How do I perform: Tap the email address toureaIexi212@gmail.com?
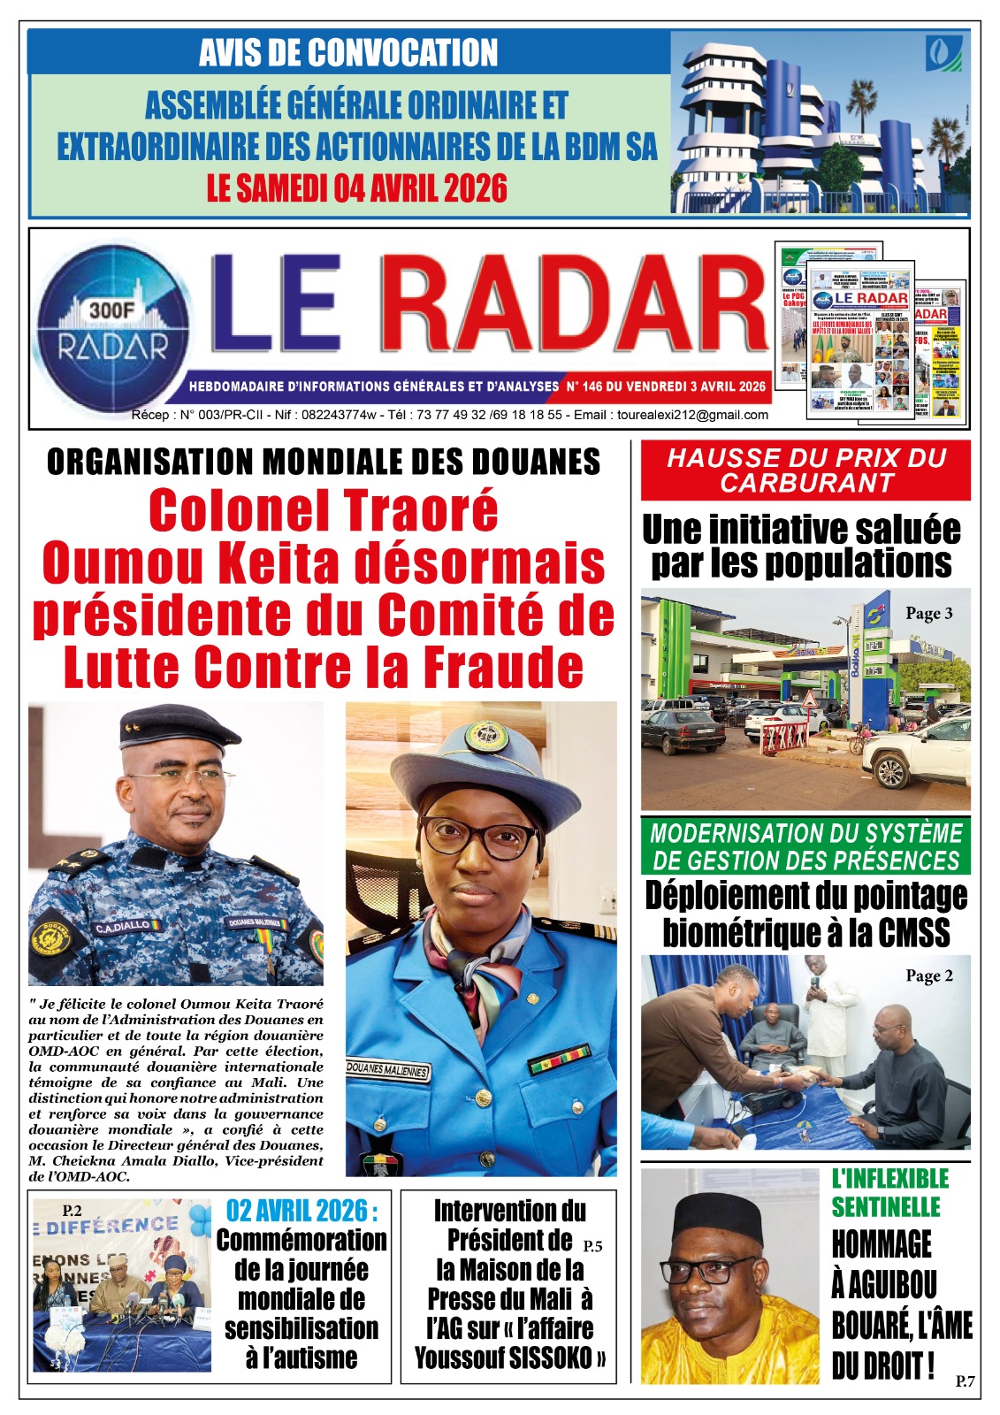pyautogui.click(x=692, y=415)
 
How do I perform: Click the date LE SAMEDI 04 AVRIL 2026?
pyautogui.click(x=357, y=188)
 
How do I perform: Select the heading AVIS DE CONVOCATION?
pyautogui.click(x=348, y=53)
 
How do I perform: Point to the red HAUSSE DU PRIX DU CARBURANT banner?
pyautogui.click(x=805, y=470)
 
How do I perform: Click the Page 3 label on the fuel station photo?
pyautogui.click(x=928, y=614)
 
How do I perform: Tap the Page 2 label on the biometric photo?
pyautogui.click(x=928, y=976)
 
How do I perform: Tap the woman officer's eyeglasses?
pyautogui.click(x=479, y=838)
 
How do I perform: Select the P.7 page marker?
pyautogui.click(x=965, y=1381)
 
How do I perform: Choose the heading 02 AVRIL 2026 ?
pyautogui.click(x=302, y=1210)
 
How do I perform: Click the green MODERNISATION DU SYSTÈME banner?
pyautogui.click(x=805, y=846)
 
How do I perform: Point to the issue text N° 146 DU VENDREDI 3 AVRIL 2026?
pyautogui.click(x=666, y=386)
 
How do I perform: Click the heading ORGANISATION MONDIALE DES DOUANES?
pyautogui.click(x=324, y=462)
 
